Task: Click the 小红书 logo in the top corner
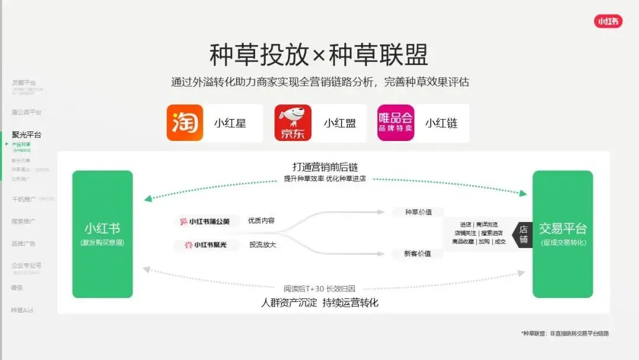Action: click(608, 21)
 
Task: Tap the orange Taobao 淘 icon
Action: click(185, 123)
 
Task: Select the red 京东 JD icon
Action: click(293, 123)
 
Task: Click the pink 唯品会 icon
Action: click(396, 123)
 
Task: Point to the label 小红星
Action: click(230, 123)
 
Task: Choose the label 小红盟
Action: click(339, 123)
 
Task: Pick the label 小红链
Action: click(441, 123)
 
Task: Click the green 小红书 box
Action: click(102, 234)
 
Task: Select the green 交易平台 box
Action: click(562, 234)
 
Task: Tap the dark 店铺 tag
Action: click(524, 234)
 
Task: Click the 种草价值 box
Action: click(417, 212)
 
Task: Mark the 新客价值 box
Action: click(417, 253)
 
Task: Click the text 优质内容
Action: click(262, 221)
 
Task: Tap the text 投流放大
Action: click(263, 244)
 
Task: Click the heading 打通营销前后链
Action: click(325, 167)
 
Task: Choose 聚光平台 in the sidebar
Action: click(27, 134)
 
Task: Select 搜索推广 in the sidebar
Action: click(23, 221)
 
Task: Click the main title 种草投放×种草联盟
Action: click(319, 55)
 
